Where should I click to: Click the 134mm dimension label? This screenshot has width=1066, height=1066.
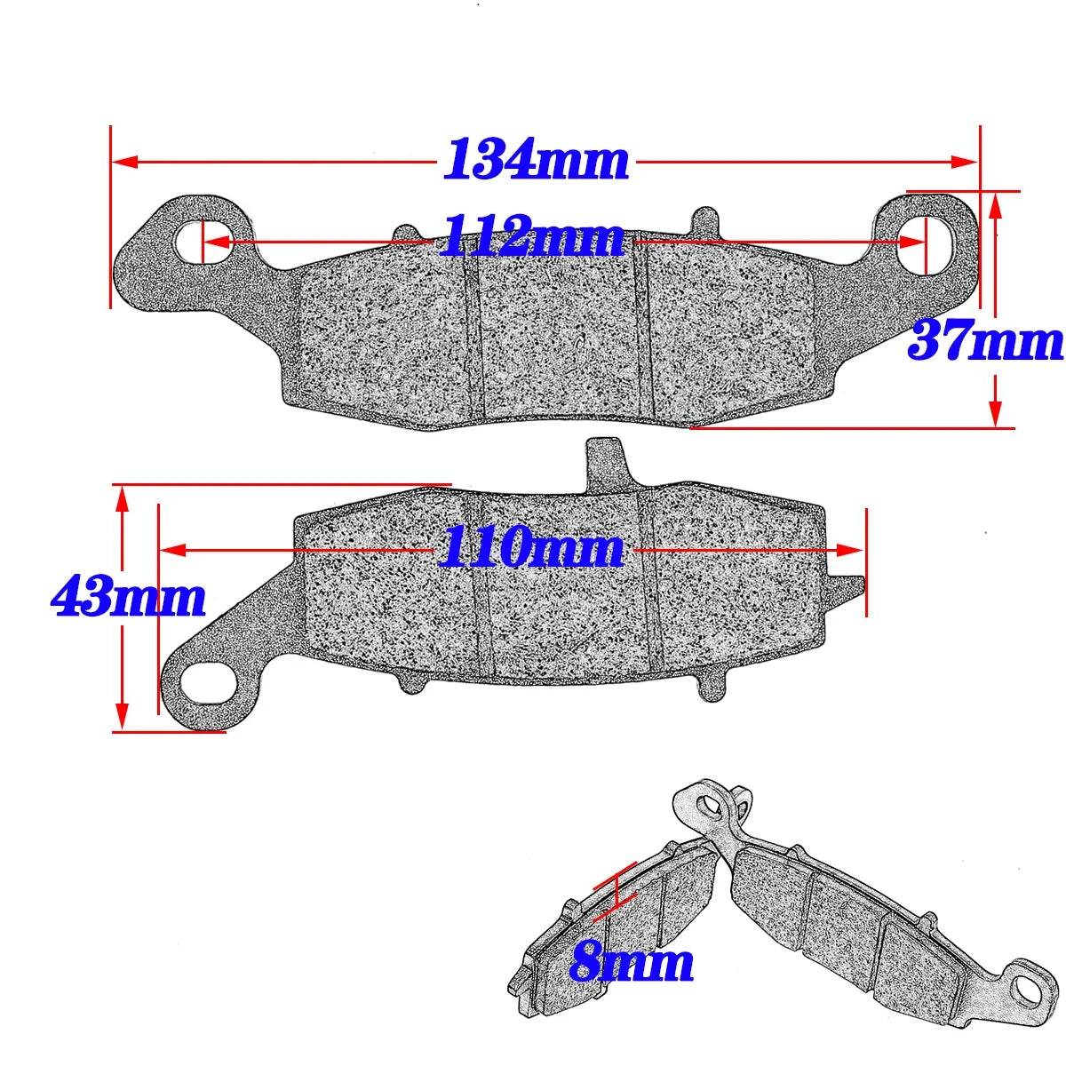(x=536, y=161)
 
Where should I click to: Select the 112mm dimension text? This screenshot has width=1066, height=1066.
(x=532, y=237)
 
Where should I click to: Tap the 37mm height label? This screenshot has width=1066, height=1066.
(x=984, y=341)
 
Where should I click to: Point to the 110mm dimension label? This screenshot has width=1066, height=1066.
(x=530, y=548)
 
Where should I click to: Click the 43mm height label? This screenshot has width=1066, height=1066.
(x=128, y=597)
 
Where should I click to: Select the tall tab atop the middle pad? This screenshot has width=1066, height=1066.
(x=605, y=462)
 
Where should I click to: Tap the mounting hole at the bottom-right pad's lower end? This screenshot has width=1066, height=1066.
(x=1029, y=984)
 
